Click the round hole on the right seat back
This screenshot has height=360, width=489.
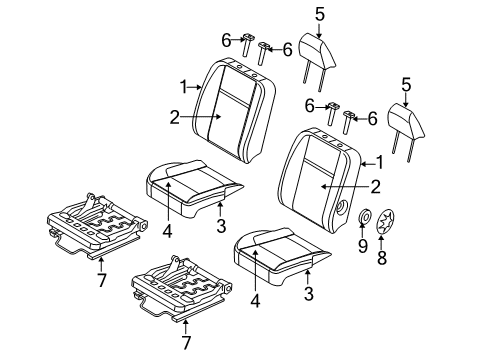point(343,208)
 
